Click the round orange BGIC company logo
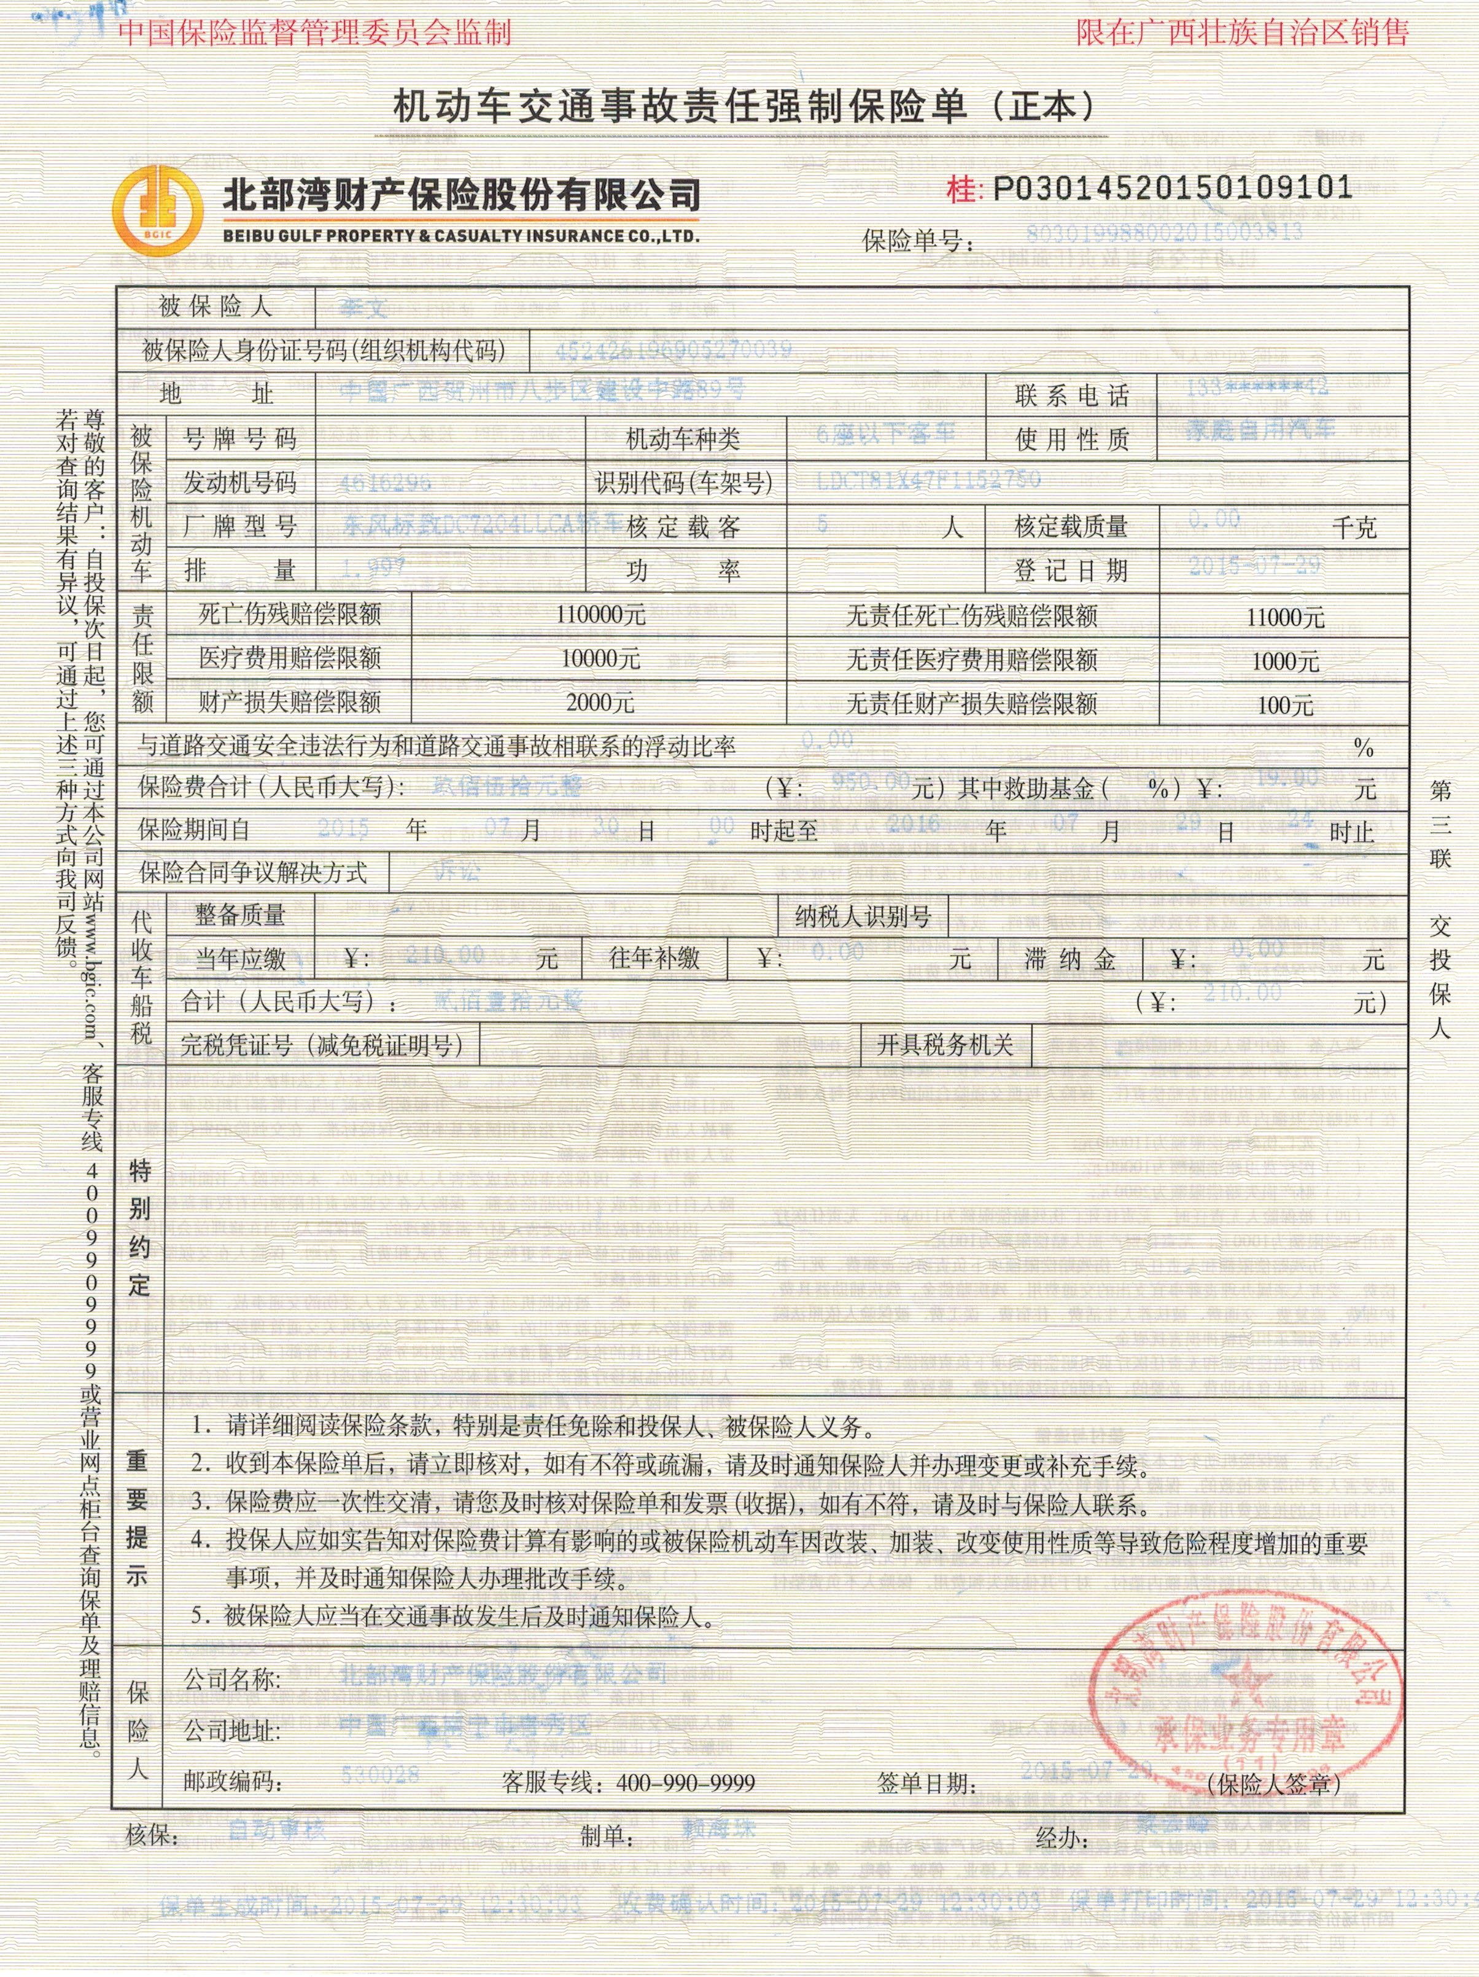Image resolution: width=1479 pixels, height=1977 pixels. click(157, 208)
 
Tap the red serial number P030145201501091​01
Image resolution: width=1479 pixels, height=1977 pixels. click(1171, 188)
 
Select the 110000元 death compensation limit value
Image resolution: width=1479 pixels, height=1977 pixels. click(600, 615)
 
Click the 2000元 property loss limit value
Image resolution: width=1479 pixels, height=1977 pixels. click(600, 703)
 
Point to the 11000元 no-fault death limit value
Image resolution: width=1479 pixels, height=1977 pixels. click(1285, 617)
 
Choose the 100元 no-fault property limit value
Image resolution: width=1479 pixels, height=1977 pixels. click(1285, 705)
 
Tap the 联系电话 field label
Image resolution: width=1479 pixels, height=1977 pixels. click(1071, 395)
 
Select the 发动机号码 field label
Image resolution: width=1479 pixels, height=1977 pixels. click(239, 483)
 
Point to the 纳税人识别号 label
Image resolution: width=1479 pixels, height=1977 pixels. click(863, 916)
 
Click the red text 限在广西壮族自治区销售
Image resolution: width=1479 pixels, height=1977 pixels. click(1242, 33)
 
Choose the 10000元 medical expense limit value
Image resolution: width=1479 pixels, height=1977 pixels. click(600, 659)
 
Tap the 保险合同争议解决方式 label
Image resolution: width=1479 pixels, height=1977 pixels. click(253, 872)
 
